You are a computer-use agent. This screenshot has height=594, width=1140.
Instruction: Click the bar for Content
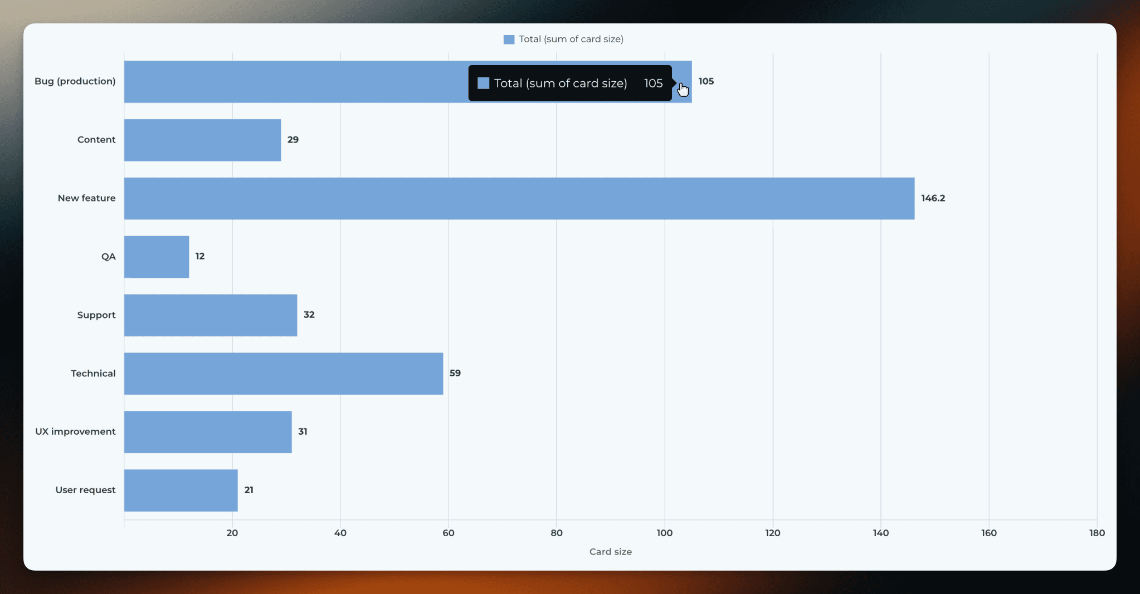tap(202, 140)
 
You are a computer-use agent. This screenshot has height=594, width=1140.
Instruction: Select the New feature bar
tap(519, 198)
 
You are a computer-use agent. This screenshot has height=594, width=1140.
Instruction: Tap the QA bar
tap(157, 257)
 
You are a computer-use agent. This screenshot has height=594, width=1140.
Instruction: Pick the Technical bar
tap(284, 374)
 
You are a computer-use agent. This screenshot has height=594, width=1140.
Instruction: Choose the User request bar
tap(181, 490)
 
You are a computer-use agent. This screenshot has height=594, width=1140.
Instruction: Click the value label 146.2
tap(933, 198)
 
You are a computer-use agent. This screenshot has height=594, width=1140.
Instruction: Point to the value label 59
tap(455, 373)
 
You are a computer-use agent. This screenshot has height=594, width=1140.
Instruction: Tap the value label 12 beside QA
tap(200, 256)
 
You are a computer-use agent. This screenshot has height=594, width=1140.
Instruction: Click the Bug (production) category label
tap(75, 81)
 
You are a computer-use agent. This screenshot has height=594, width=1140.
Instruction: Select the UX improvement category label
tap(75, 431)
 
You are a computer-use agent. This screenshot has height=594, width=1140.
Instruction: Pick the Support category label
tap(96, 315)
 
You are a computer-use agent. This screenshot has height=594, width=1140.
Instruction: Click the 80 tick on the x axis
tap(557, 533)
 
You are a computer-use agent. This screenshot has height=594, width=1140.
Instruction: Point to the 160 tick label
tap(989, 533)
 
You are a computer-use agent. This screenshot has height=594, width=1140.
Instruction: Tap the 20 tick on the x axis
tap(232, 533)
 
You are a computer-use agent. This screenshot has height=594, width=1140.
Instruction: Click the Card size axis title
tap(611, 552)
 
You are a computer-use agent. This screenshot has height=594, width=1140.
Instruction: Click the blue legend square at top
tap(509, 40)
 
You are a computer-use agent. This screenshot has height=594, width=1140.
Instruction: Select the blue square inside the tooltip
tap(484, 83)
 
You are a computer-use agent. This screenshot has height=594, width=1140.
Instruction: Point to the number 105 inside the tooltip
tap(654, 84)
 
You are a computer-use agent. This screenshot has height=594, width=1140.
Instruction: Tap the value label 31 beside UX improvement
tap(303, 431)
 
